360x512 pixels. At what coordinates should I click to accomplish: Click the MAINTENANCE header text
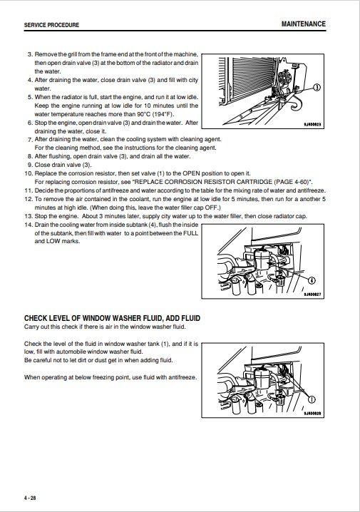[x=304, y=24]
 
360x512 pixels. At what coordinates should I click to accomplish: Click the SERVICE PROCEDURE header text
[x=51, y=25]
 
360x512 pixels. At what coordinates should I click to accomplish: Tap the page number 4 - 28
[x=30, y=498]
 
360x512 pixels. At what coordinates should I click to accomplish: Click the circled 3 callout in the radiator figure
[x=317, y=88]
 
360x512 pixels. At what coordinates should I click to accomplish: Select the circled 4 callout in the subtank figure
[x=312, y=280]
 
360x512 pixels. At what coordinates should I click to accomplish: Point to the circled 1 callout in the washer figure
[x=312, y=399]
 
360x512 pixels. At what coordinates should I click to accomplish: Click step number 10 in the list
[x=29, y=173]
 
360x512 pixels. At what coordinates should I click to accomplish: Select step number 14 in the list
[x=29, y=225]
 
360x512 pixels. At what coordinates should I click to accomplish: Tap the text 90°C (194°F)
[x=155, y=114]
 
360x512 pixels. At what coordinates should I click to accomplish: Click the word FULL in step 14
[x=190, y=233]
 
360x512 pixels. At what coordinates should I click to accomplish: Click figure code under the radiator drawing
[x=312, y=124]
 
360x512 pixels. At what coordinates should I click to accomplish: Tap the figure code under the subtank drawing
[x=312, y=295]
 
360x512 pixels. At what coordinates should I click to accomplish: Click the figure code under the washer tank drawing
[x=312, y=414]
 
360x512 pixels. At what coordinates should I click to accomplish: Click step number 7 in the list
[x=30, y=140]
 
